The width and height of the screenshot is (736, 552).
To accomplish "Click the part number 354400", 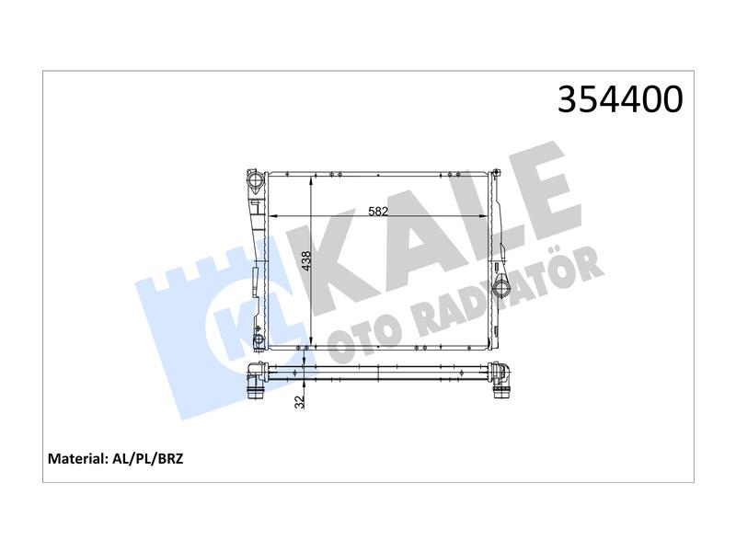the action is (x=620, y=99).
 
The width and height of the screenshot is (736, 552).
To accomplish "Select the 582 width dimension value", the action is (x=378, y=212).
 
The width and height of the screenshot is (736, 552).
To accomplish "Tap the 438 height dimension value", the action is (x=306, y=261).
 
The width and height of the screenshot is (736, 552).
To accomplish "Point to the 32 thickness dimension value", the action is (x=300, y=401).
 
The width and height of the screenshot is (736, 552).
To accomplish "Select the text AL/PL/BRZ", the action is (x=148, y=458).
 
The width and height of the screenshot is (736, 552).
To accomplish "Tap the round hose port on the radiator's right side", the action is (x=500, y=286).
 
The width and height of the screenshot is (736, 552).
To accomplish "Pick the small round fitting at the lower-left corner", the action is (x=259, y=339).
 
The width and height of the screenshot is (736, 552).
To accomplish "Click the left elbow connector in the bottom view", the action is (x=257, y=380).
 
